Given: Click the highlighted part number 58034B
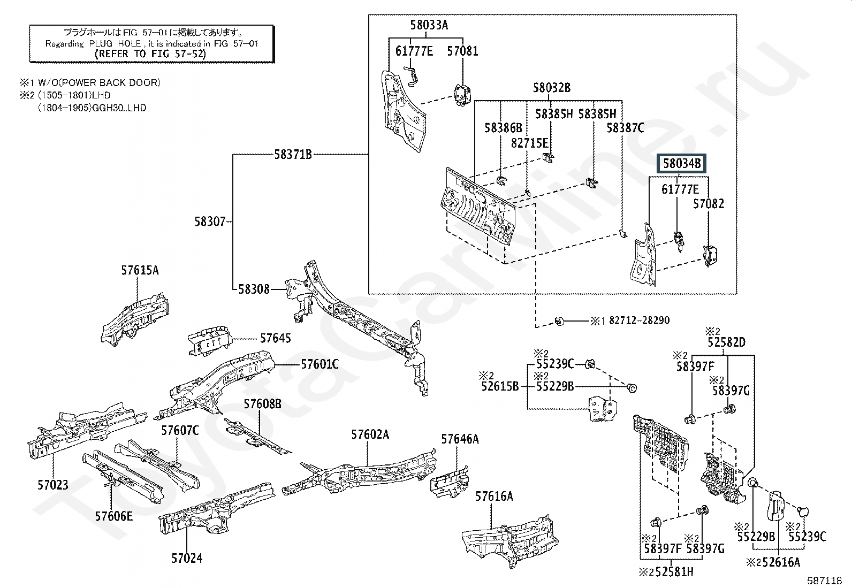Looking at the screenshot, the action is coord(682,164).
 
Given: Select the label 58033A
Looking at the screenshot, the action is coord(429,25).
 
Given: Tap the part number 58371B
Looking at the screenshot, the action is coord(293,155).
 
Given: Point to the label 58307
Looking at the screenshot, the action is coord(210,222).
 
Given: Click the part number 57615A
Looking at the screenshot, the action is coord(140,270).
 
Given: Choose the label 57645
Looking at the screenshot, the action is coord(276,338).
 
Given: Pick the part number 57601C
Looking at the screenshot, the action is coord(319,364).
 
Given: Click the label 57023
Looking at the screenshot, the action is coord(53,485).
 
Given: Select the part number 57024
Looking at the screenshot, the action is coord(187,559).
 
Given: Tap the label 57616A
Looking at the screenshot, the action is coord(494,497).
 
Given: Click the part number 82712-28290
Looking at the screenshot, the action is coord(639,320).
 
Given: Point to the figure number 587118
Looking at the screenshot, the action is coord(825,581).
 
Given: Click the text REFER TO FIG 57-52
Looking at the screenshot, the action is coord(150,54).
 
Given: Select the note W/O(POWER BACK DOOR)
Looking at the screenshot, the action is coord(99,82).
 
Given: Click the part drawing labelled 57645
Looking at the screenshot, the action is coord(209,341).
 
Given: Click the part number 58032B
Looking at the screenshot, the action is coord(552,88).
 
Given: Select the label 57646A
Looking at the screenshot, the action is coord(460,439).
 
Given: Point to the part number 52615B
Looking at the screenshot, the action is coord(500,386).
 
